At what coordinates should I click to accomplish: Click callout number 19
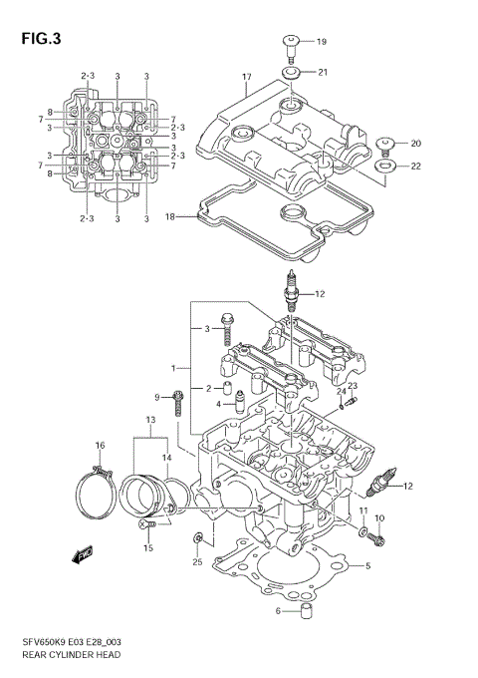pyautogui.click(x=322, y=42)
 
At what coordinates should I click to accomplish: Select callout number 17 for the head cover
pyautogui.click(x=246, y=76)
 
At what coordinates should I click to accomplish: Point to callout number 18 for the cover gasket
pyautogui.click(x=170, y=216)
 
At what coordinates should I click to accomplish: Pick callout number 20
pyautogui.click(x=416, y=143)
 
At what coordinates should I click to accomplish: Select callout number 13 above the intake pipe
pyautogui.click(x=150, y=421)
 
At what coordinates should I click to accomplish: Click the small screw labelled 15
pyautogui.click(x=149, y=523)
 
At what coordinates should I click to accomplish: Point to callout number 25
pyautogui.click(x=197, y=562)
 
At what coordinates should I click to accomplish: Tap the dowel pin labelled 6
pyautogui.click(x=309, y=610)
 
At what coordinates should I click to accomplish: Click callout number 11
pyautogui.click(x=362, y=511)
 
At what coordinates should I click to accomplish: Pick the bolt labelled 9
pyautogui.click(x=177, y=403)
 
